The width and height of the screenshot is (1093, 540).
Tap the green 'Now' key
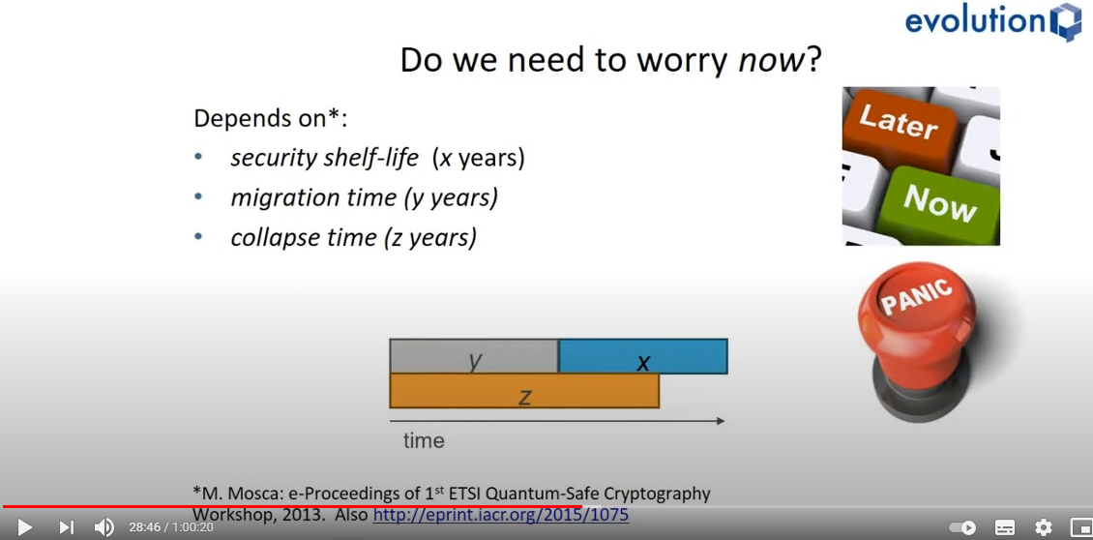[x=939, y=205]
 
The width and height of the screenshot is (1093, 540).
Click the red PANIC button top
[x=916, y=301]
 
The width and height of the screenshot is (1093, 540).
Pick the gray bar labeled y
[x=474, y=356]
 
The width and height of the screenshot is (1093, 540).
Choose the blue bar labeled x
[x=643, y=356]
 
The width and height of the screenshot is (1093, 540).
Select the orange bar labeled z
[x=524, y=391]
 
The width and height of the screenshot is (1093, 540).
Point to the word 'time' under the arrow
[x=424, y=441]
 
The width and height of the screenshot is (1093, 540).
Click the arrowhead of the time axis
[x=721, y=421]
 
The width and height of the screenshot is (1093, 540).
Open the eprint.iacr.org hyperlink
[x=501, y=516]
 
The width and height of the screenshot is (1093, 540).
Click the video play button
[x=24, y=527]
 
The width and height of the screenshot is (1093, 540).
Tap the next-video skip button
[x=66, y=527]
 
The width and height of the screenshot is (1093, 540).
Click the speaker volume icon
[x=103, y=527]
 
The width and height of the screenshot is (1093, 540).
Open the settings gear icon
[x=1043, y=527]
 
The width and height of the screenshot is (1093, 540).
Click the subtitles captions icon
[x=1004, y=527]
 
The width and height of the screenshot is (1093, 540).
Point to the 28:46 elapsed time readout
[x=143, y=527]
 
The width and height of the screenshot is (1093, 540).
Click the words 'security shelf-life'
[x=325, y=159]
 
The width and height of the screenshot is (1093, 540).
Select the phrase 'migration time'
[x=314, y=198]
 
